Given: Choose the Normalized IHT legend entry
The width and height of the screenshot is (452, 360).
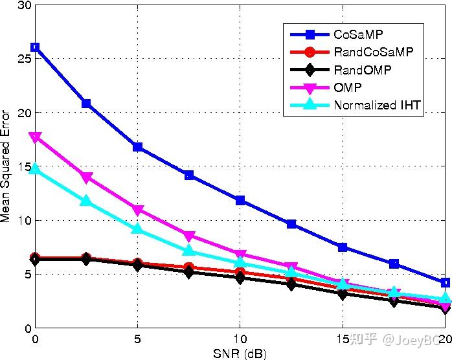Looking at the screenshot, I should pos(378,105).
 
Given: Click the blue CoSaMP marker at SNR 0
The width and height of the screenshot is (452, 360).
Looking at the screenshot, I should pos(35,47).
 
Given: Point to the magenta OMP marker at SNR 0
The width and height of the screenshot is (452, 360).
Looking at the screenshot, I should pos(35,137).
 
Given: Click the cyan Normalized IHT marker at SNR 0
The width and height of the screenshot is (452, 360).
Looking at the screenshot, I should pos(35,168).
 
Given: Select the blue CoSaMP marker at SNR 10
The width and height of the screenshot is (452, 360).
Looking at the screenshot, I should pos(240,201).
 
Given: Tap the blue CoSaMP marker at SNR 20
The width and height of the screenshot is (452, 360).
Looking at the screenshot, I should pos(445,283).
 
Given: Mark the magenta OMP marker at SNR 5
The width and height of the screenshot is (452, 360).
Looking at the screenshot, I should pos(137,210).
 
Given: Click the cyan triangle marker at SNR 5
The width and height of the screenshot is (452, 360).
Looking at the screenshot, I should pos(137,229).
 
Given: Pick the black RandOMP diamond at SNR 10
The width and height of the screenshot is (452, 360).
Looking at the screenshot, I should pos(240,278).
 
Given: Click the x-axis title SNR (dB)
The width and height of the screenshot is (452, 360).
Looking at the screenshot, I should pos(240,354).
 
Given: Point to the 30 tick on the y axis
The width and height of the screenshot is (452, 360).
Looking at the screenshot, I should pos(24,5).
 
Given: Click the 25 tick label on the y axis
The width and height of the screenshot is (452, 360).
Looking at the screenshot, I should pos(24,59).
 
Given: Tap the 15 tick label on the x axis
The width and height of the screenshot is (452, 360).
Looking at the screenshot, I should pos(343,339).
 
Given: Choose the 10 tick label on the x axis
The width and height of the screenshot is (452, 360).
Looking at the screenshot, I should pos(240,339).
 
